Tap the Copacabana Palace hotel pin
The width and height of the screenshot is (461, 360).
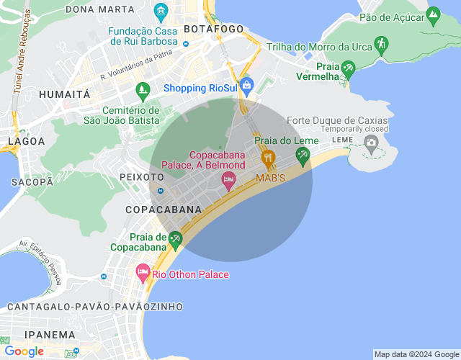(x=229, y=181)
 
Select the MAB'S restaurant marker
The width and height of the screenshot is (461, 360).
(x=268, y=158)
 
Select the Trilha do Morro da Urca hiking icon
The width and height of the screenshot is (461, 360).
(x=380, y=47)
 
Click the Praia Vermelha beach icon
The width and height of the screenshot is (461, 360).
(x=349, y=70)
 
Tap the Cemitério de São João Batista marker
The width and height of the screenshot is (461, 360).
(x=142, y=91)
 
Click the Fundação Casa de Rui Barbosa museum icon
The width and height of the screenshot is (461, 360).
(x=161, y=12)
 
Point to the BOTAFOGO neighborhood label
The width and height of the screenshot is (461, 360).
(x=213, y=29)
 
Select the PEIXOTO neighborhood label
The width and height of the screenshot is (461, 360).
(x=143, y=176)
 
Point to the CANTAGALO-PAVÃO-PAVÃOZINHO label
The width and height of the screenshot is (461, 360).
(x=95, y=307)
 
